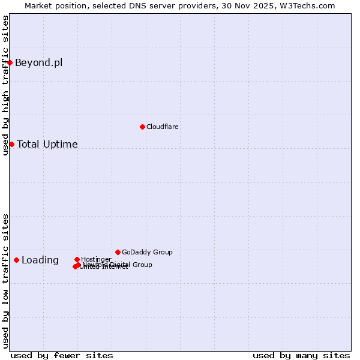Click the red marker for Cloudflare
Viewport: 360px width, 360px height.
pyautogui.click(x=142, y=127)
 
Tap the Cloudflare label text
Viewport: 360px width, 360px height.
pyautogui.click(x=163, y=127)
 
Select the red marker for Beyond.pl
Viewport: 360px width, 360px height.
pyautogui.click(x=10, y=62)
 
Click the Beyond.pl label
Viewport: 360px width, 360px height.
pyautogui.click(x=38, y=62)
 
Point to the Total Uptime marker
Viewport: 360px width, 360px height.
pyautogui.click(x=11, y=144)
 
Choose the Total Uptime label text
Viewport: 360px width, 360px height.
pyautogui.click(x=47, y=144)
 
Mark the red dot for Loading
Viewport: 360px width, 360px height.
pyautogui.click(x=16, y=260)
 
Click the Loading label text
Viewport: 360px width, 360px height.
pyautogui.click(x=40, y=260)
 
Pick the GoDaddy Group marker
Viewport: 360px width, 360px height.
pyautogui.click(x=118, y=252)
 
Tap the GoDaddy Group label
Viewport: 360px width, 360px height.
pyautogui.click(x=147, y=252)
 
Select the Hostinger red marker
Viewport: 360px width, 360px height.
pyautogui.click(x=77, y=259)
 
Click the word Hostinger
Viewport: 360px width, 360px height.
pyautogui.click(x=96, y=259)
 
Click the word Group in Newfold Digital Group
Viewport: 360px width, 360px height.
pyautogui.click(x=142, y=265)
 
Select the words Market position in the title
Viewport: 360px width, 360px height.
pyautogui.click(x=52, y=5)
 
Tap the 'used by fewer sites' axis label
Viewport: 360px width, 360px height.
pyautogui.click(x=62, y=355)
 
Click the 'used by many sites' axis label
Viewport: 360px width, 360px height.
pyautogui.click(x=301, y=355)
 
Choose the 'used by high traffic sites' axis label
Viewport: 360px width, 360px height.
pyautogui.click(x=5, y=85)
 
